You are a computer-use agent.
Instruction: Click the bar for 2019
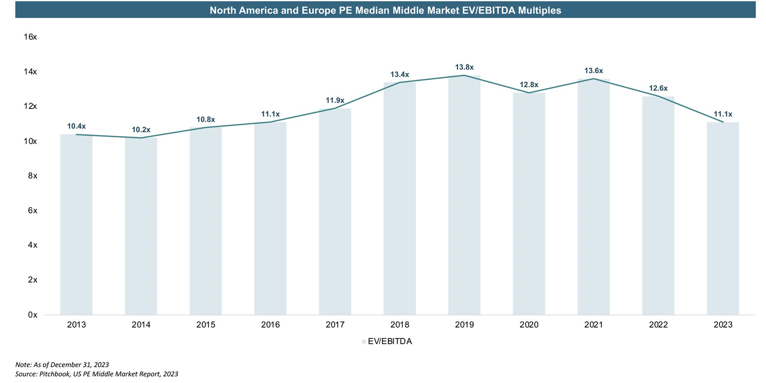click(464, 195)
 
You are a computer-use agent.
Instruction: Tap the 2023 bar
click(723, 218)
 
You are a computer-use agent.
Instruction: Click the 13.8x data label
click(464, 67)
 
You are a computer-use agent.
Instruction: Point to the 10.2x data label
click(141, 130)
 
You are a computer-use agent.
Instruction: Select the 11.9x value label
click(335, 100)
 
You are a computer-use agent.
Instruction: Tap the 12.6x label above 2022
click(658, 88)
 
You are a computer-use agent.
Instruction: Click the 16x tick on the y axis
click(30, 37)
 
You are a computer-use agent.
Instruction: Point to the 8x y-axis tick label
click(33, 176)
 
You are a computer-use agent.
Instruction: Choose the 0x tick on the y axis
click(33, 315)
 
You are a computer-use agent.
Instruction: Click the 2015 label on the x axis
click(206, 325)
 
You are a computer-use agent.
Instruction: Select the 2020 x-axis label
click(529, 325)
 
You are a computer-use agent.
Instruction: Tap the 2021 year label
click(594, 325)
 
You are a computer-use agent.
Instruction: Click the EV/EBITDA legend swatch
click(364, 342)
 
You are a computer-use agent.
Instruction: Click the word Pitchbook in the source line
click(55, 374)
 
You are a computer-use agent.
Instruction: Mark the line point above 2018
click(399, 82)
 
